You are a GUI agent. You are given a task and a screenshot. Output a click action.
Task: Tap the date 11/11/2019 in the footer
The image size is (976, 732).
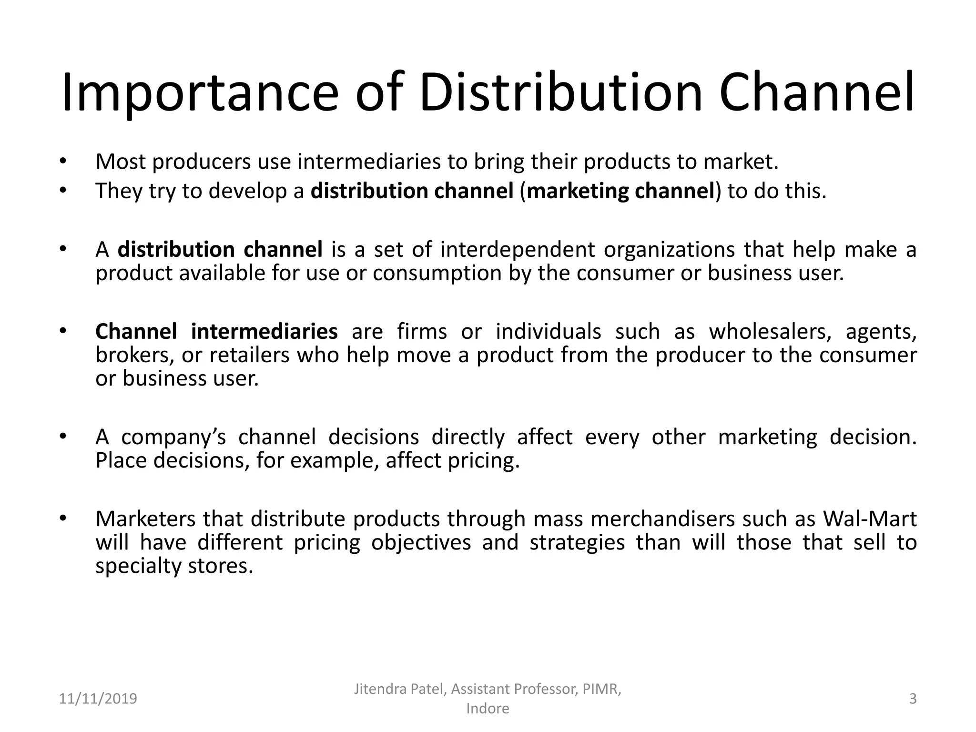coord(98,699)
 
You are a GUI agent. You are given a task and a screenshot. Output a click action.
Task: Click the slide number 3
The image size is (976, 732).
coord(913,699)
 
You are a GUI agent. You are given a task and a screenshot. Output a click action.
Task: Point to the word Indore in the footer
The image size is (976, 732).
coord(488,709)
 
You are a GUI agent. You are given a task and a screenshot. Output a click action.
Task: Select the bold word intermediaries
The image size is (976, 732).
coord(264,332)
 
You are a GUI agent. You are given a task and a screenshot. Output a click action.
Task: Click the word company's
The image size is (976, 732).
coord(173,437)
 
